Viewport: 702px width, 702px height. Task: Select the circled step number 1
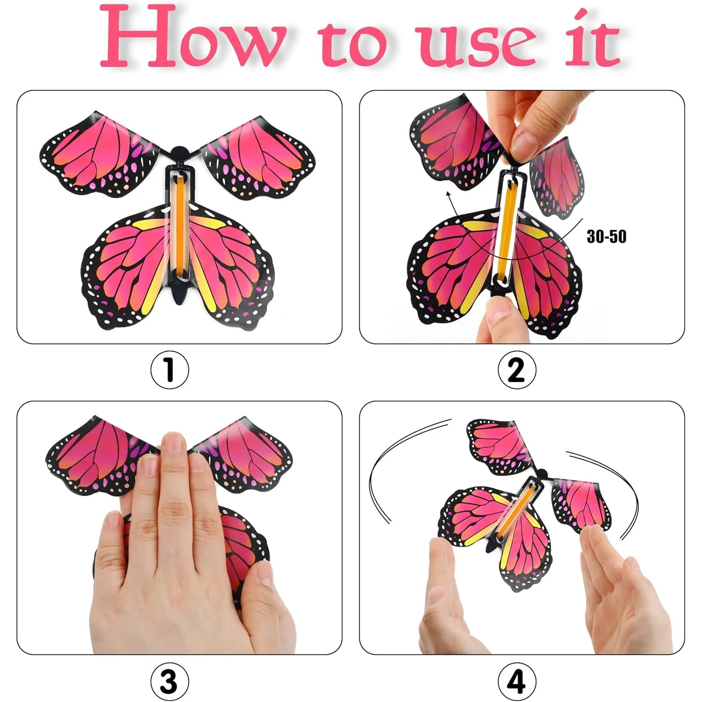coord(169,370)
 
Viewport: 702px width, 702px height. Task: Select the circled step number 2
coord(517,370)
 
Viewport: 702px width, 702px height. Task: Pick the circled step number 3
coord(169,681)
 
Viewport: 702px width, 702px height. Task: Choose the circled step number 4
coord(517,681)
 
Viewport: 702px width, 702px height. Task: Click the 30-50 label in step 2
coord(606,237)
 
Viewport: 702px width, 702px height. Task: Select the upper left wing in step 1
coord(98,154)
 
